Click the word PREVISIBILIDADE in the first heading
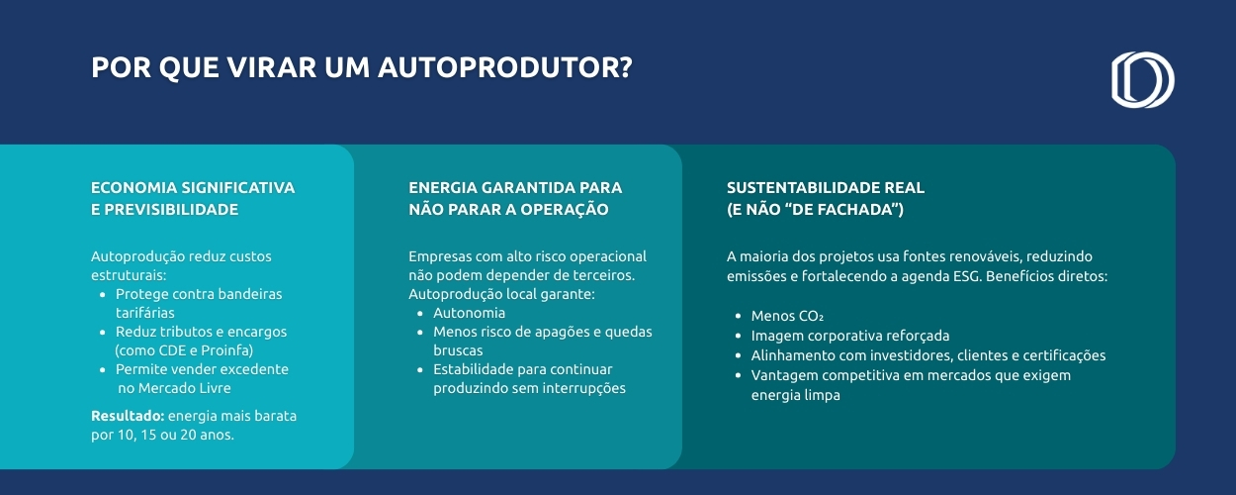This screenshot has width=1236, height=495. (171, 209)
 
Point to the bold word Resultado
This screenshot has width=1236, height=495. (128, 416)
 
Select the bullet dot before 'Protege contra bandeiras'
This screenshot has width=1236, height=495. (103, 294)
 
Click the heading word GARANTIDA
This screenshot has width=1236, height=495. (520, 188)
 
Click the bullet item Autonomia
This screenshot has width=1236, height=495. (469, 313)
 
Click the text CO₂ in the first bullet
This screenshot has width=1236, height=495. (811, 316)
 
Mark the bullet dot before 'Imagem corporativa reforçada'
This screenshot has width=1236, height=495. (739, 336)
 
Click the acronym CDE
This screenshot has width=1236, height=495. (172, 350)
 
